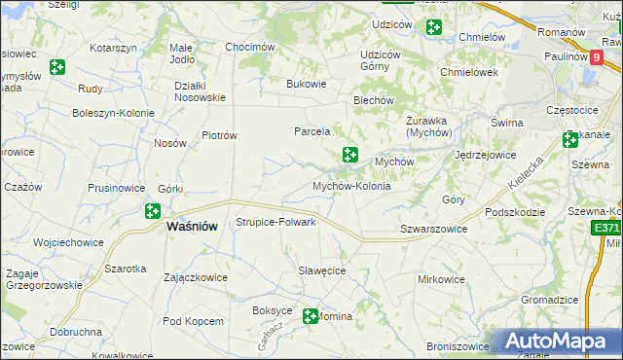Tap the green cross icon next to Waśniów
pos(153,210)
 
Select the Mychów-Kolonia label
pos(351,185)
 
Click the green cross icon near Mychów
pos(349,155)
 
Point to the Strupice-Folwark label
pos(276,222)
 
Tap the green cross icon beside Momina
pos(311,316)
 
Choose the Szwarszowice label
pos(434,229)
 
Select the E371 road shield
pos(606,228)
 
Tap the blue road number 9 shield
pos(595,56)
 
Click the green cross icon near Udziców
pos(434,28)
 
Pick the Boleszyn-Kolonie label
pos(114,113)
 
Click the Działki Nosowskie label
pos(200,90)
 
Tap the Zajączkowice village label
pos(196,277)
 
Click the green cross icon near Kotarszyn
pos(57,66)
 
